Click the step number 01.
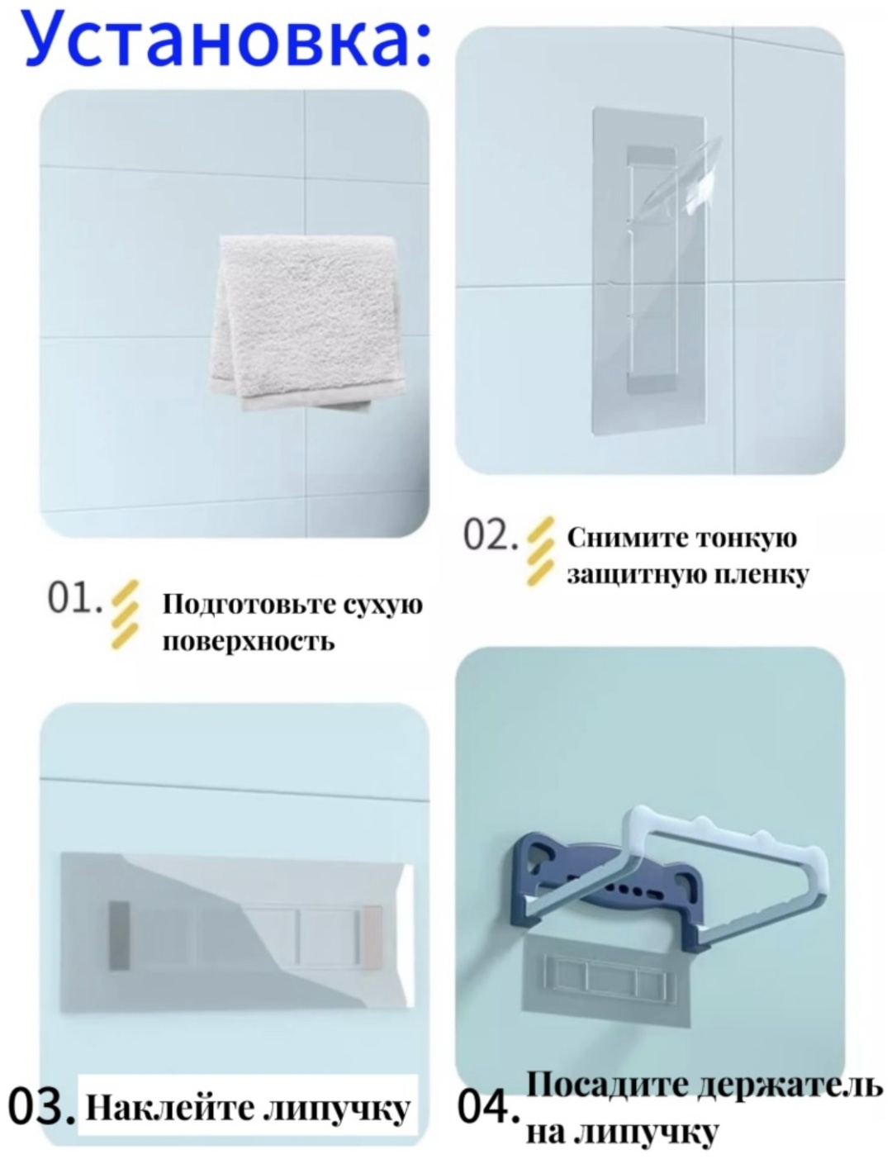click(x=74, y=598)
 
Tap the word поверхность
click(x=249, y=640)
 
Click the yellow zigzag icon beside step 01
click(x=125, y=615)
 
